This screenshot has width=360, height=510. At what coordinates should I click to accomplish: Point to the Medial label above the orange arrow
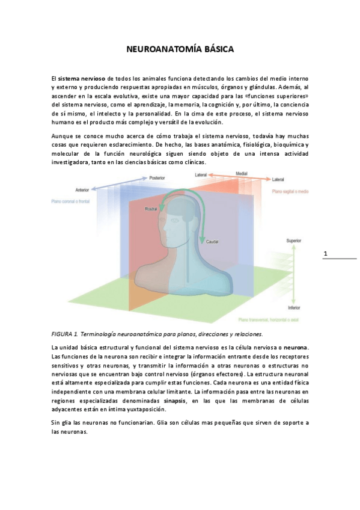pyautogui.click(x=241, y=174)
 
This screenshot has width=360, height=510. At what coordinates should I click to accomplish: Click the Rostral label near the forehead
pyautogui.click(x=151, y=209)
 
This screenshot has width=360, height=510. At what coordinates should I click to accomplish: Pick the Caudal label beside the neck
pyautogui.click(x=212, y=242)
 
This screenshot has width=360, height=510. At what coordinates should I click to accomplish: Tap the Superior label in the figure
pyautogui.click(x=293, y=241)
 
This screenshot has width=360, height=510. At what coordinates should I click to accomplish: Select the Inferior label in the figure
pyautogui.click(x=293, y=307)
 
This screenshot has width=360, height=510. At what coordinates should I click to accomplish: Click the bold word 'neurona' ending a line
pyautogui.click(x=296, y=348)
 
